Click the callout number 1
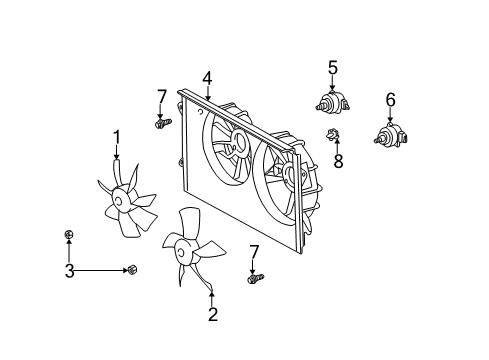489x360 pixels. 116,136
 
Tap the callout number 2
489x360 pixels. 212,314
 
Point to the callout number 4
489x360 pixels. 206,76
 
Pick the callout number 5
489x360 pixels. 333,68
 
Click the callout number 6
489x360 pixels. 390,98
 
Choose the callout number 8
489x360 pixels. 338,161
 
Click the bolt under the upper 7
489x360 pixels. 161,123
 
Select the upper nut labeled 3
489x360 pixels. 67,236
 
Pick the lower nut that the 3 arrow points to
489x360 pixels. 131,269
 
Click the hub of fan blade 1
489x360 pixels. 123,201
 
